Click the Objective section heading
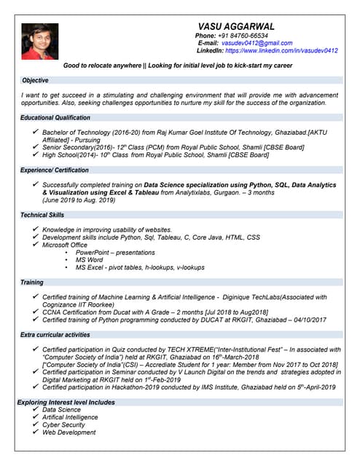pos(35,79)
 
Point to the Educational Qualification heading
pos(55,117)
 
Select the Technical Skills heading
pos(42,215)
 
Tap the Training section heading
pos(31,282)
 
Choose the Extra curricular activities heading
pos(55,334)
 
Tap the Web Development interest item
pos(69,433)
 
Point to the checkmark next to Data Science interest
pos(36,409)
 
